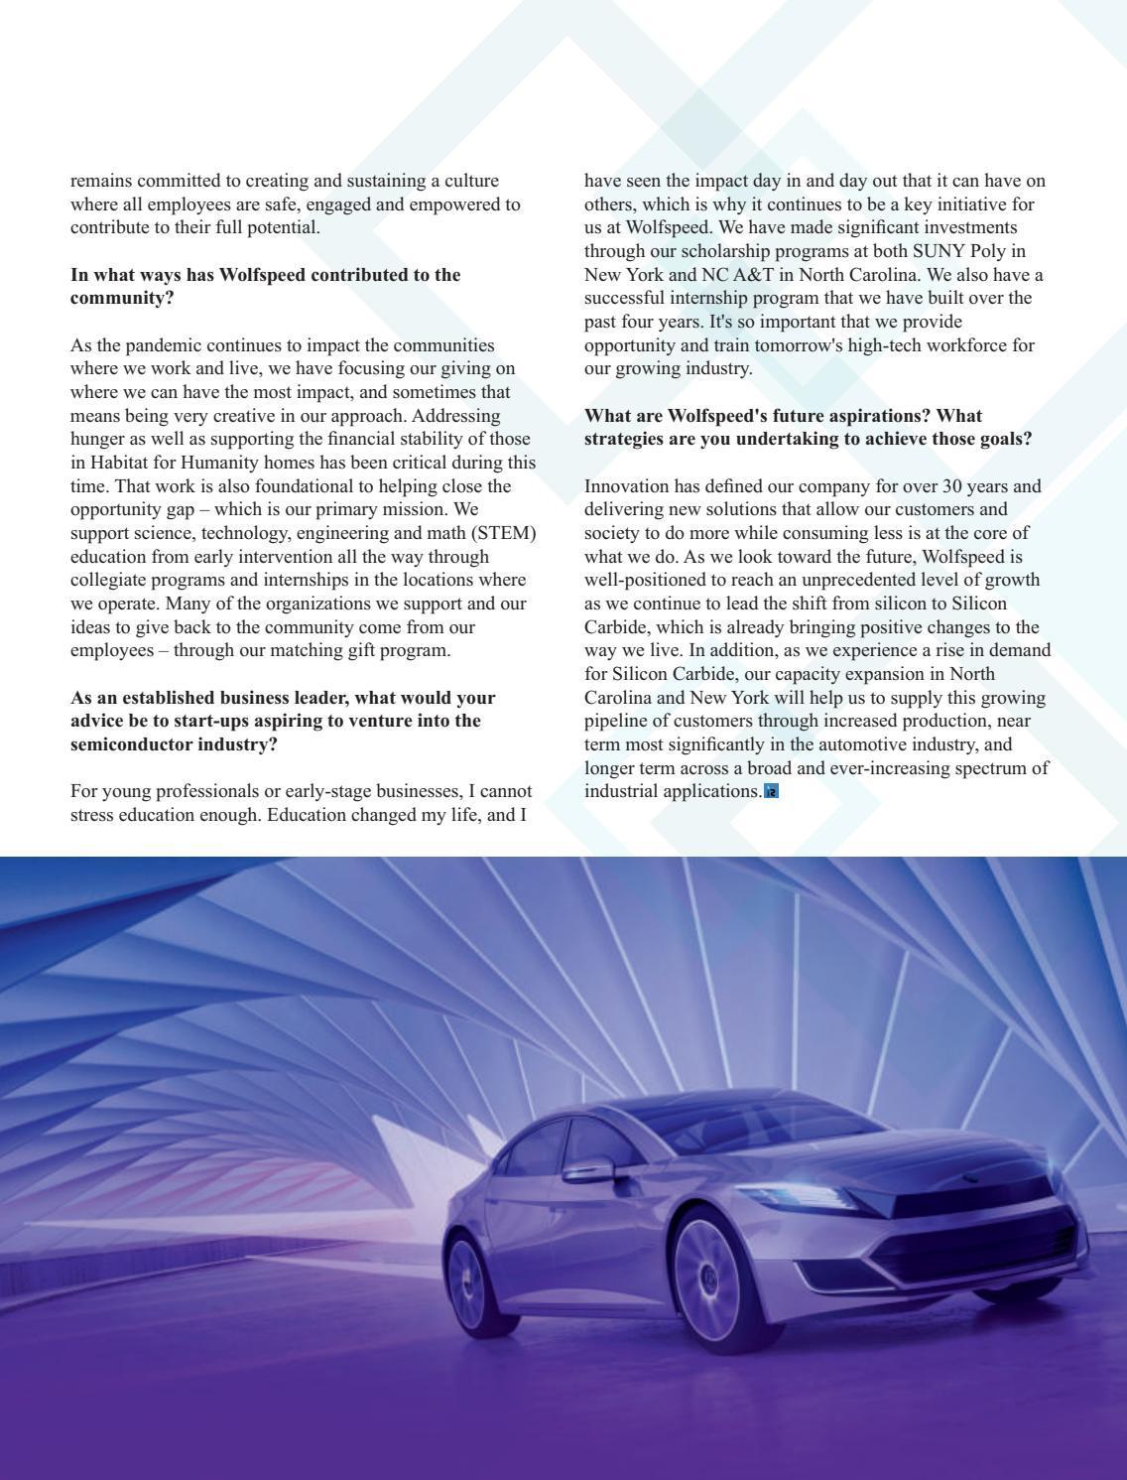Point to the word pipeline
tap(617, 721)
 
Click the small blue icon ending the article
tap(771, 792)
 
